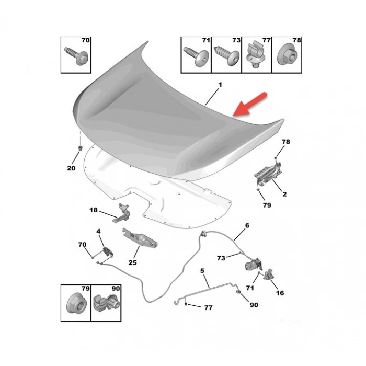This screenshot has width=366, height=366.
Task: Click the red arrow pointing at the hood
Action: coord(250,105)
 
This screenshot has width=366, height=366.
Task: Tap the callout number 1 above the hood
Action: coord(220,85)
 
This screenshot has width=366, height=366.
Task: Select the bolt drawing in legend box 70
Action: coord(76,56)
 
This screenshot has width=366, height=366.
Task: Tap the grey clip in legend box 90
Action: coord(106,303)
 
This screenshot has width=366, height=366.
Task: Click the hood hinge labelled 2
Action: coord(268,175)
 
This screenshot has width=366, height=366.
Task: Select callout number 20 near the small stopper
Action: coord(71,168)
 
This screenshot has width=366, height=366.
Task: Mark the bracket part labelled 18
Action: coord(121,213)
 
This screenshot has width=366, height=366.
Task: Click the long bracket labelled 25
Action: coord(140,237)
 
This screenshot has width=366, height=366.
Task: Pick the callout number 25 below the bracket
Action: coord(132,262)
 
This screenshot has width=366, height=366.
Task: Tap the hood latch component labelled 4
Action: coord(108,251)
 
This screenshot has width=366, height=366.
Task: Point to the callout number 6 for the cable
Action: coord(247,225)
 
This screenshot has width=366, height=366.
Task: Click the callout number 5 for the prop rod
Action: coord(202,271)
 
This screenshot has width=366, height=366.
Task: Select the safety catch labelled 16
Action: coord(269,274)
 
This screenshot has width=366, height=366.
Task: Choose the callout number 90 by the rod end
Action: coord(254,305)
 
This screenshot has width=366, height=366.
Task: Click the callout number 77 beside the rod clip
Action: coord(208,308)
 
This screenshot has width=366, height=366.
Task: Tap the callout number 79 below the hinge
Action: coord(267,205)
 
